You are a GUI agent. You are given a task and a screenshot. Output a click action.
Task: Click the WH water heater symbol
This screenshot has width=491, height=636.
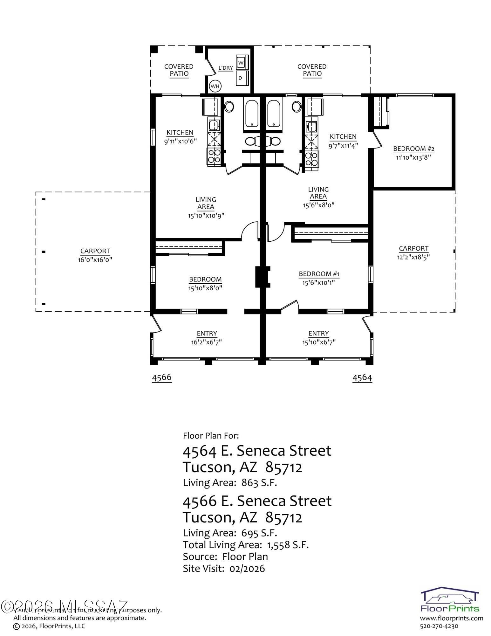(x=215, y=86)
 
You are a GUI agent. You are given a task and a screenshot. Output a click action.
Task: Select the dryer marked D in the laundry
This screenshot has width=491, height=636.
(x=241, y=78)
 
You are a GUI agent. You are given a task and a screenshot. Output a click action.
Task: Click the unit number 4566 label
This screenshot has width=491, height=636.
(x=162, y=377)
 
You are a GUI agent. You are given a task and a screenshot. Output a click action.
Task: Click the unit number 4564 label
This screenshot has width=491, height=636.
(x=362, y=378)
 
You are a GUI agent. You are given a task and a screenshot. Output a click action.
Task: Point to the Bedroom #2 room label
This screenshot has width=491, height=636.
(x=413, y=149)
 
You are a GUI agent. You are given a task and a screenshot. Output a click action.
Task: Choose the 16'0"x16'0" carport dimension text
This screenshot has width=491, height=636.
(x=95, y=259)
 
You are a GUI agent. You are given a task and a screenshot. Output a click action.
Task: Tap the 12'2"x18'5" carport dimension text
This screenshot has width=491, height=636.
(x=413, y=257)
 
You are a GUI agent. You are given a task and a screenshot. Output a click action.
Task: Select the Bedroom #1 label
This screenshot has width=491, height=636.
(x=319, y=274)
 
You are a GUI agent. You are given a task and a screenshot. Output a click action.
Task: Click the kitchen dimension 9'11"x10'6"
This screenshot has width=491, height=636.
(x=180, y=141)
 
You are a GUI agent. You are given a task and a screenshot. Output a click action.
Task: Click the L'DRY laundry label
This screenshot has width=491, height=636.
(x=226, y=68)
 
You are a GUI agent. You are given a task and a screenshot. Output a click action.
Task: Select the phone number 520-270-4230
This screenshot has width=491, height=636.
(x=439, y=626)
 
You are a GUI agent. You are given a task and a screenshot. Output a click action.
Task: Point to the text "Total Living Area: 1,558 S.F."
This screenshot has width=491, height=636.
(x=246, y=545)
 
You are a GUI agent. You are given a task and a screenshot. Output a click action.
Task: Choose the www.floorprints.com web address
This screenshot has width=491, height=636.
(x=451, y=619)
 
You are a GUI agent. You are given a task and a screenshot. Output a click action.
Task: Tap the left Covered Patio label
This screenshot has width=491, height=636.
(x=179, y=70)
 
